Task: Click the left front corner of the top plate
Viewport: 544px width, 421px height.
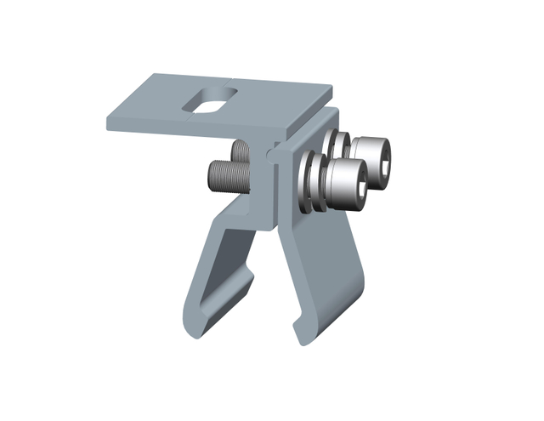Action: [109, 122]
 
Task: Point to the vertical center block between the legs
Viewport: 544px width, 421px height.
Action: [265, 196]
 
